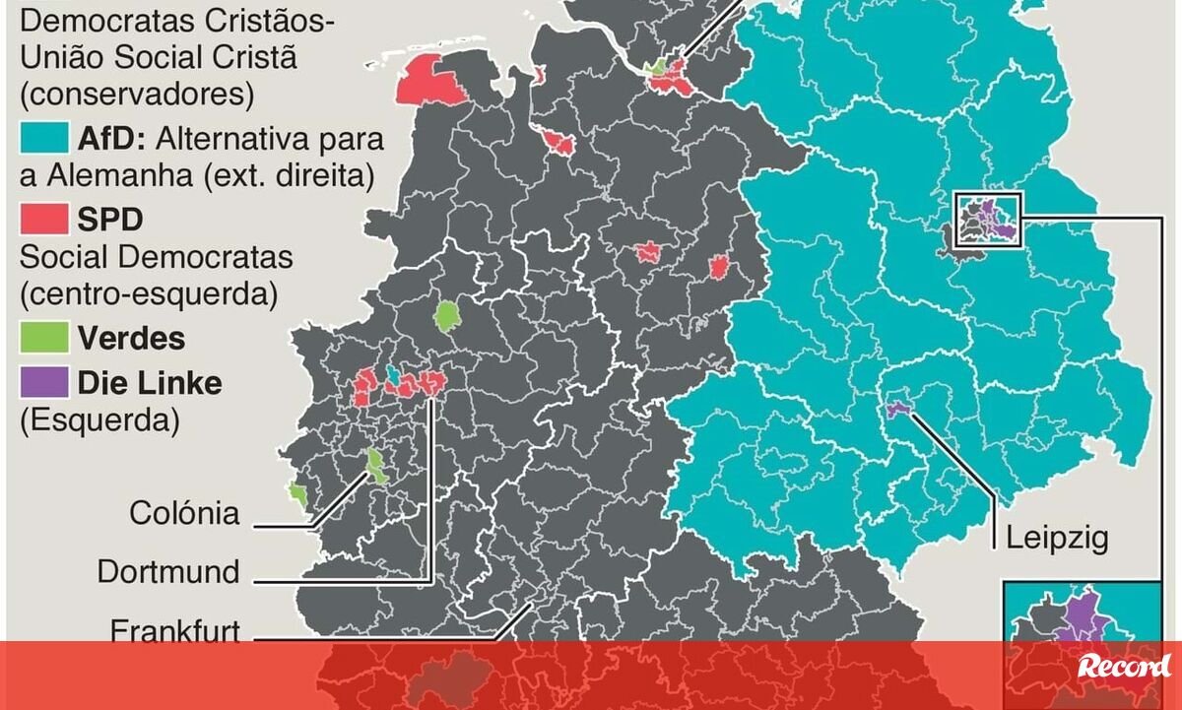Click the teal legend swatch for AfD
43,138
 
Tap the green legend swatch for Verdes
43,338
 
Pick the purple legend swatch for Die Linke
43,381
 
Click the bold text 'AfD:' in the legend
110,139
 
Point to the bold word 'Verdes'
131,339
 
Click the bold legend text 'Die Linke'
150,382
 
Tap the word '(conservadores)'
137,96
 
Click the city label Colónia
184,513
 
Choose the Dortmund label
168,571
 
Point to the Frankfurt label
175,630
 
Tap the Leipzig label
1057,538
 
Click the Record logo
1122,667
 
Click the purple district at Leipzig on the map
896,409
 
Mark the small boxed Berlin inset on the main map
989,220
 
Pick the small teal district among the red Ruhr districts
393,375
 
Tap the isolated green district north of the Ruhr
447,316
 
